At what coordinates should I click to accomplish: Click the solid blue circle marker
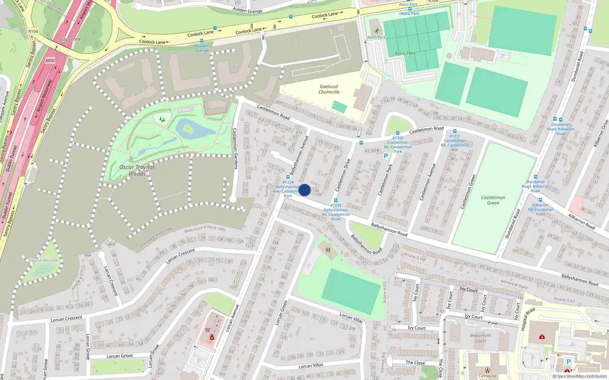[304, 190]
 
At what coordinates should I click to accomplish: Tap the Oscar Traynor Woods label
[137, 171]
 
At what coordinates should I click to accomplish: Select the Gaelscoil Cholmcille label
[329, 89]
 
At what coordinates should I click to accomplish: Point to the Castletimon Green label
[493, 200]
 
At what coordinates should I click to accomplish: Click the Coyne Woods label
[43, 260]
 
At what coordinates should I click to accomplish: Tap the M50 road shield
[50, 60]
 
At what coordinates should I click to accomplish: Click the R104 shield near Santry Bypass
[33, 32]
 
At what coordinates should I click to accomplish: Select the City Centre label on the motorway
[70, 39]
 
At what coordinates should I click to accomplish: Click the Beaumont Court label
[480, 338]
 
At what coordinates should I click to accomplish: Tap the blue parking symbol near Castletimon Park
[386, 155]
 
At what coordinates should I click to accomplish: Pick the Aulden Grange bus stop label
[202, 48]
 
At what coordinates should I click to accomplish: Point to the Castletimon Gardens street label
[235, 148]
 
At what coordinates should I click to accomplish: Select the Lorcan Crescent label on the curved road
[181, 256]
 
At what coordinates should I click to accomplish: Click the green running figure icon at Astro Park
[376, 31]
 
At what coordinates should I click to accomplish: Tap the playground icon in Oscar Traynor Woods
[162, 120]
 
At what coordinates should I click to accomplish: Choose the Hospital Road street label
[525, 319]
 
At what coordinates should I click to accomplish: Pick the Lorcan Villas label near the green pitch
[351, 318]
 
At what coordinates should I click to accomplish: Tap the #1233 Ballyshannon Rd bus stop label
[336, 212]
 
